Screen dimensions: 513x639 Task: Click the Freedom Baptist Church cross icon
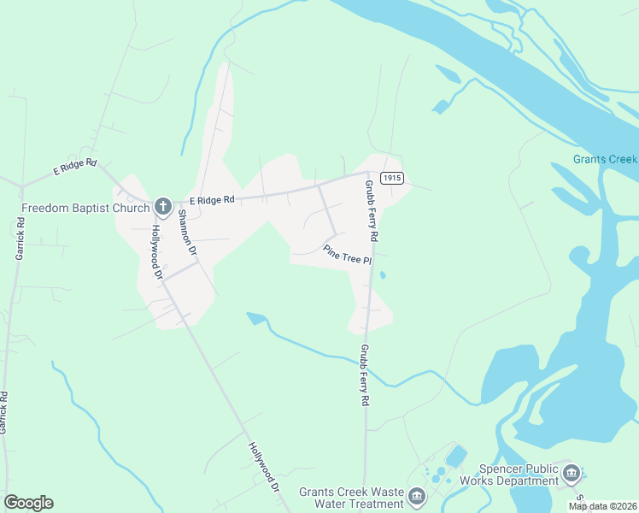(161, 206)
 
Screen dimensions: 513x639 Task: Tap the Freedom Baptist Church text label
(85, 207)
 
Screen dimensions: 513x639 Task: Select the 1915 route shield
(392, 177)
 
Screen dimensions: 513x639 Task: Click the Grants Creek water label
(606, 159)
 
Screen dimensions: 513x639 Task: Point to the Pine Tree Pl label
(349, 255)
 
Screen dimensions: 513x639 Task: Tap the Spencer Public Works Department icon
(572, 471)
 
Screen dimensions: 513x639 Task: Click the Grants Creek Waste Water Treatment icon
(416, 496)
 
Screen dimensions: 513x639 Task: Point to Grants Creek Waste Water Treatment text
(350, 498)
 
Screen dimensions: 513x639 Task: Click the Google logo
(28, 503)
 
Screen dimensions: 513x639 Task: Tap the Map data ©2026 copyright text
(602, 506)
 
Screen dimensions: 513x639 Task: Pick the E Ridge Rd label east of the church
(212, 200)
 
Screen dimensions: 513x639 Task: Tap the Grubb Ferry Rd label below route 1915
(371, 210)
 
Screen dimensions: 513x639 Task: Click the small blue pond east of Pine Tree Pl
(382, 275)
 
